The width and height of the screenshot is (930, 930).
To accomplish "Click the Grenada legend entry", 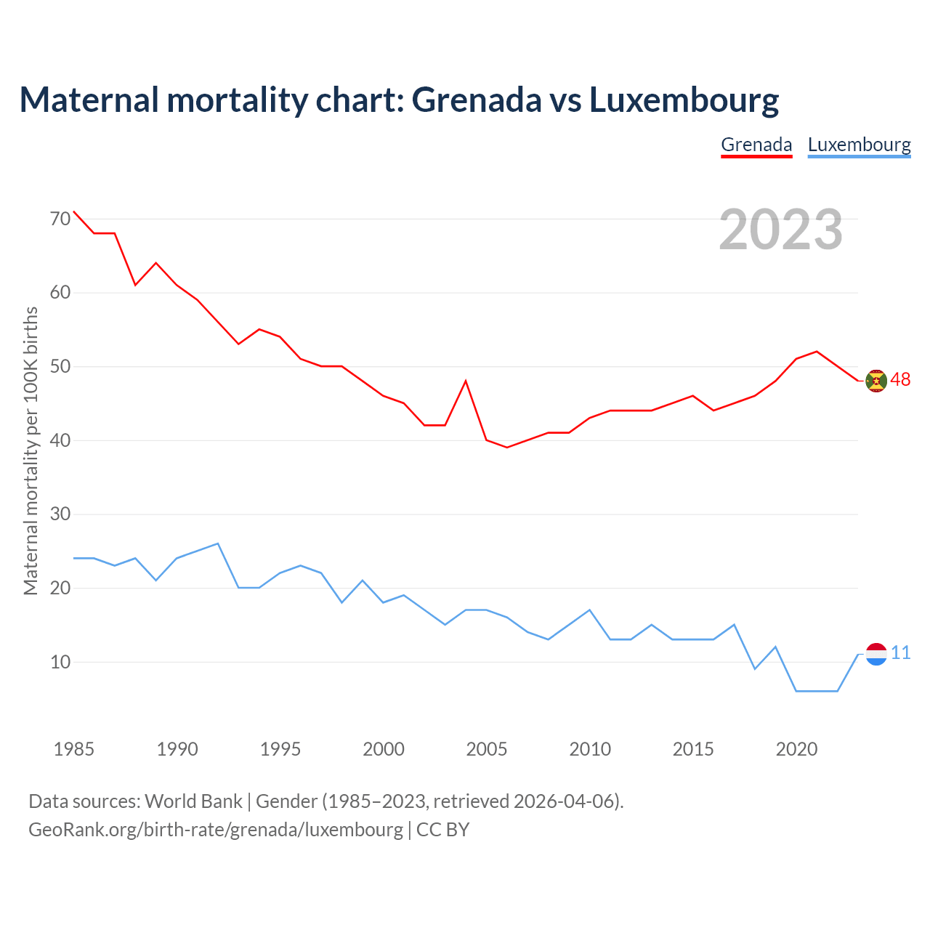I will click(x=756, y=145).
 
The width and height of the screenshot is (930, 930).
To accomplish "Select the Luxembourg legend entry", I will click(x=859, y=145).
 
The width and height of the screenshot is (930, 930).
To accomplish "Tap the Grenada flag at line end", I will click(x=876, y=381).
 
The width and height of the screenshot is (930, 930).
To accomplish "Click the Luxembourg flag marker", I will click(x=876, y=654).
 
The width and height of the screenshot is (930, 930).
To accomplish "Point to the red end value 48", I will click(x=900, y=380).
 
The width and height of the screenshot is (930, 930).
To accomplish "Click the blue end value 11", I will click(x=900, y=653).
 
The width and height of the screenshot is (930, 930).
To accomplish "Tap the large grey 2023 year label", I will click(x=780, y=230).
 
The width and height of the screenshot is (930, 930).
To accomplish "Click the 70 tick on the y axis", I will click(x=60, y=219).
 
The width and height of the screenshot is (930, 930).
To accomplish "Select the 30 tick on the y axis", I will click(x=60, y=514).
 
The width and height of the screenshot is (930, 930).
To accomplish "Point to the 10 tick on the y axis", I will click(x=60, y=662).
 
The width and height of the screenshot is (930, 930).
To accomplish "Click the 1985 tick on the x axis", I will click(x=74, y=749).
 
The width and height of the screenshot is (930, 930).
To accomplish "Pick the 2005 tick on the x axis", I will click(x=487, y=749).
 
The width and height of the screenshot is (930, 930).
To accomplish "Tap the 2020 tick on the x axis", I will click(x=796, y=749).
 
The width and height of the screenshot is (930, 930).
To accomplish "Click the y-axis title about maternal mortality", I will click(x=31, y=451).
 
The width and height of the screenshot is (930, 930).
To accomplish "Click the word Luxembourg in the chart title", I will click(x=684, y=100).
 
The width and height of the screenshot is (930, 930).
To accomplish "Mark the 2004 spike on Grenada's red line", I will click(x=466, y=381).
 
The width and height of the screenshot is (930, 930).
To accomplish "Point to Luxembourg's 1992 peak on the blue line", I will click(x=218, y=543).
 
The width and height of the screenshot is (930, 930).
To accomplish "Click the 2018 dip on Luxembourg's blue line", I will click(x=755, y=668).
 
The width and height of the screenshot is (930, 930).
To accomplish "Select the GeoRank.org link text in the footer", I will click(x=216, y=829).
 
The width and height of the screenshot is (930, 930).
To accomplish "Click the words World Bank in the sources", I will click(x=193, y=801).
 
